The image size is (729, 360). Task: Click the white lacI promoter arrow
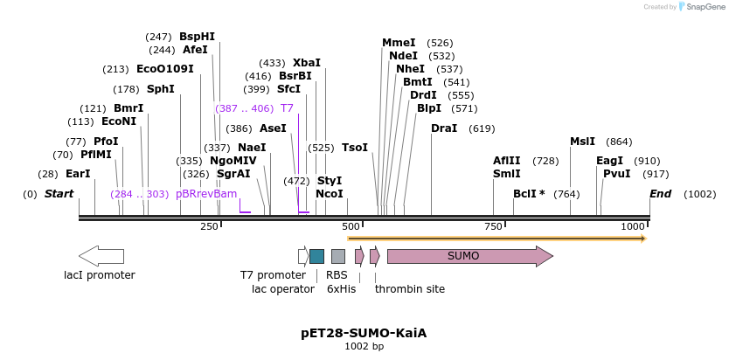(x=101, y=256)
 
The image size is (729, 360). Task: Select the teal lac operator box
(x=316, y=256)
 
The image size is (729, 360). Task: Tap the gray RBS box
(x=337, y=256)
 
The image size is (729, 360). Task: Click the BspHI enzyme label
(x=197, y=37)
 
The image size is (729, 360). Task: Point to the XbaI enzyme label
(x=306, y=63)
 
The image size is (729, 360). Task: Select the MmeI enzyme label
(x=399, y=43)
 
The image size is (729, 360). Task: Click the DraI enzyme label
(x=444, y=128)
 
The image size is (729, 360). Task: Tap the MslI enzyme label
(x=582, y=142)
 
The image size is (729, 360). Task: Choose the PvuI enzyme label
(x=616, y=174)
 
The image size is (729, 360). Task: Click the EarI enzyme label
(x=78, y=174)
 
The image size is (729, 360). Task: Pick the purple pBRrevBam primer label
(x=206, y=194)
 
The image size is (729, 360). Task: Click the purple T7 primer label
(x=287, y=108)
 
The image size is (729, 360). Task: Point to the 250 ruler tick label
(x=209, y=227)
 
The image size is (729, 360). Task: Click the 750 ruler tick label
(x=493, y=227)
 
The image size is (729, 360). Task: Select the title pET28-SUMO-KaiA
(x=364, y=333)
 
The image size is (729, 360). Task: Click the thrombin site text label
(x=410, y=289)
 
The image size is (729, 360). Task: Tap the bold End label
(x=660, y=194)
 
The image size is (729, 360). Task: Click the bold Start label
(x=59, y=194)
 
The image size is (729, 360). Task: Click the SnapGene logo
(x=703, y=7)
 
